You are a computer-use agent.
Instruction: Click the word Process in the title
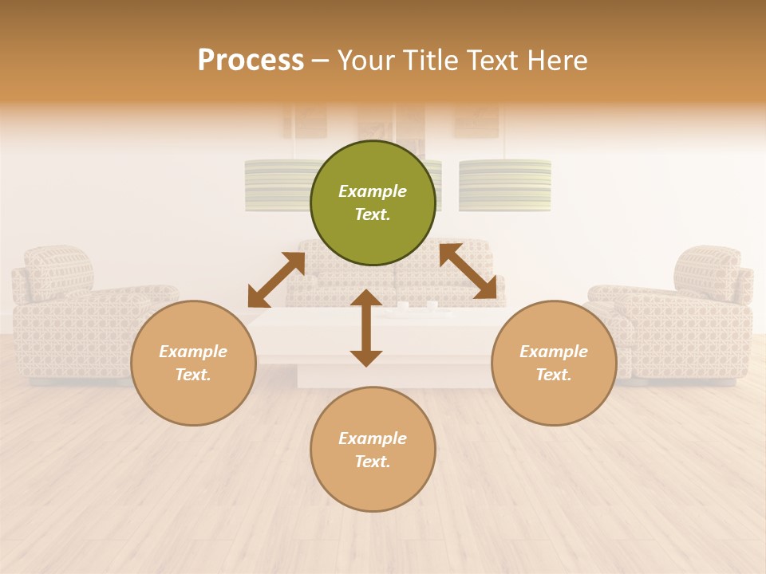click(251, 60)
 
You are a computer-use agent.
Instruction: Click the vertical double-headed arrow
click(366, 328)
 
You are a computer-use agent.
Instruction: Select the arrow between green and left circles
click(276, 279)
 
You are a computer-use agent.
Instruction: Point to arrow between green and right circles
click(468, 271)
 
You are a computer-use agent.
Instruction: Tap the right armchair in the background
click(686, 319)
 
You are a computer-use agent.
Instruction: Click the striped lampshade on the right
click(505, 185)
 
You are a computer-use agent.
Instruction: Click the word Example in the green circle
click(373, 191)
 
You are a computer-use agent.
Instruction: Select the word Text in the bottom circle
click(371, 462)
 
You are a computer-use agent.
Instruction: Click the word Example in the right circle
click(554, 352)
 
